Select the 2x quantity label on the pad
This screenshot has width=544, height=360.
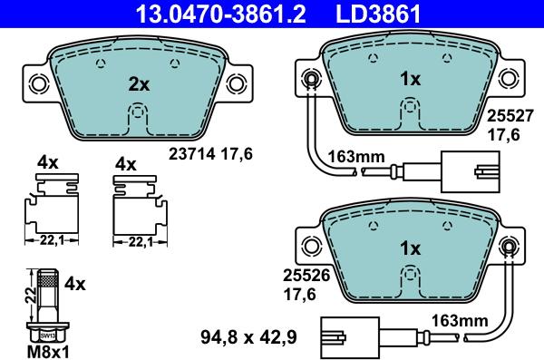(x=138, y=83)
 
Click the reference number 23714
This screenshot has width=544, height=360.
(x=187, y=154)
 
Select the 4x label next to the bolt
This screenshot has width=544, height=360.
(x=76, y=284)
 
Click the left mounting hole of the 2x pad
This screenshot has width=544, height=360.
(x=39, y=83)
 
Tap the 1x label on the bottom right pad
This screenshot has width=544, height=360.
(x=411, y=248)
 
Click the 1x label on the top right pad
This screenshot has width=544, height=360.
(x=411, y=79)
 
